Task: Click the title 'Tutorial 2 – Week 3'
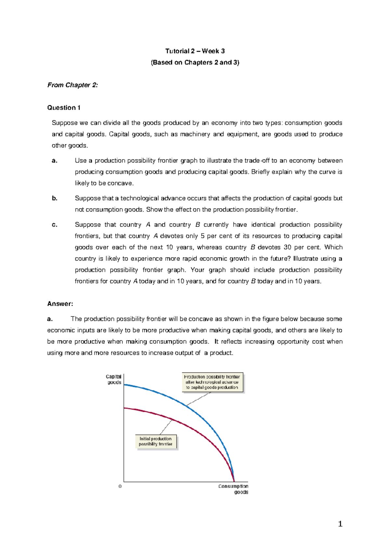195,51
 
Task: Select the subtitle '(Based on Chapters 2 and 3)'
195,62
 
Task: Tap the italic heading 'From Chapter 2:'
72,85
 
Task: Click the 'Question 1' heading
64,108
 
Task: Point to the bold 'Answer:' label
60,304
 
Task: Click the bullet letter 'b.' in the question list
55,198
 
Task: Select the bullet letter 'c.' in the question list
55,225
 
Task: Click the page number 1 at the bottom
340,524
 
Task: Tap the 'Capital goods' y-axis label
114,379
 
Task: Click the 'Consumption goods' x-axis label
233,489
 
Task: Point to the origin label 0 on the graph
120,486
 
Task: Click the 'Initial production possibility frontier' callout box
156,442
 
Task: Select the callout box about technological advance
212,382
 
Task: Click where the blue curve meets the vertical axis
124,385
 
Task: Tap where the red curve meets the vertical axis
124,408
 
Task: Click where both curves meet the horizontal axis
234,481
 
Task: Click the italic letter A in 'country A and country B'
148,225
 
